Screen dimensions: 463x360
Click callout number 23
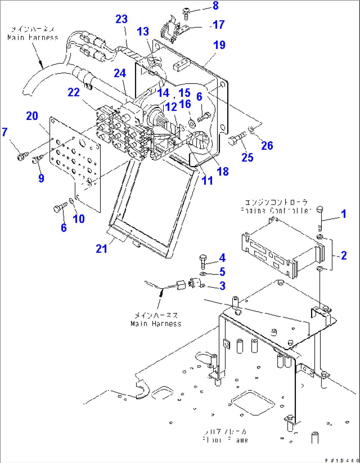coord(121,19)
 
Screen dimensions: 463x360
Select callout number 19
coord(219,45)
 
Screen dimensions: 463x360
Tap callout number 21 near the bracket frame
coord(101,249)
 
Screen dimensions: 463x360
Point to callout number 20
coord(32,116)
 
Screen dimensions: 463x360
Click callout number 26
coord(267,145)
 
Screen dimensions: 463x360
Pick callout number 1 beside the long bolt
coord(343,214)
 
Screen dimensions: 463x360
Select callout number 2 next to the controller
coord(343,255)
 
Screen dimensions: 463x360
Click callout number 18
coord(223,171)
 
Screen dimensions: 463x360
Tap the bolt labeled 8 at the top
coord(186,14)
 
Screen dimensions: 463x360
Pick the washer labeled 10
coord(72,201)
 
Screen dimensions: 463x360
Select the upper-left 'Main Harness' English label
coord(33,37)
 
